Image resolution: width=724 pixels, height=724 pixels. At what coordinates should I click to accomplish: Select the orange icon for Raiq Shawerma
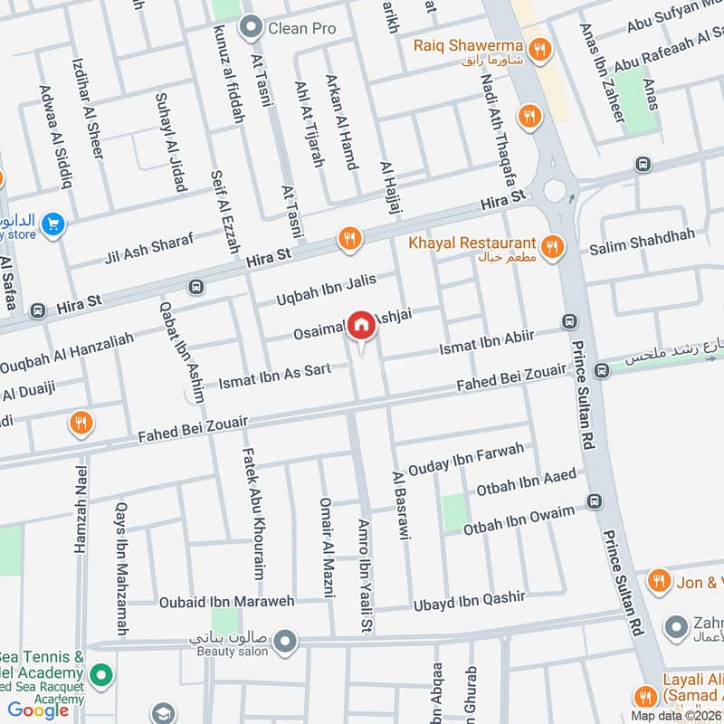click(x=539, y=50)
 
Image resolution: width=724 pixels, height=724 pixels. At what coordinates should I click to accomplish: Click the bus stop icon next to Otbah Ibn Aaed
click(x=594, y=501)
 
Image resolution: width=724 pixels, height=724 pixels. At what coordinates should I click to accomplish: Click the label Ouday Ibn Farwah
click(x=465, y=459)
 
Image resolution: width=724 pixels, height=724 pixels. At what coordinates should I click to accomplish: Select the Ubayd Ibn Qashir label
click(x=469, y=599)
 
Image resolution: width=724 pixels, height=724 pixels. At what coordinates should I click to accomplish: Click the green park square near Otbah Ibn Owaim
click(x=453, y=512)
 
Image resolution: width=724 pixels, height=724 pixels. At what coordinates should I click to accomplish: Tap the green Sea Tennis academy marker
click(x=102, y=675)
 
